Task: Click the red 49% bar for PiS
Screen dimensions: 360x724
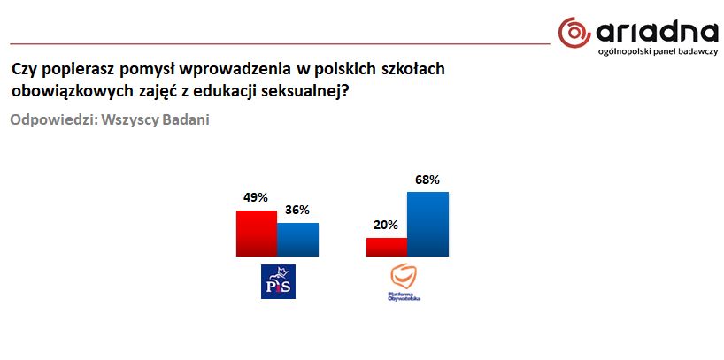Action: [x=256, y=233]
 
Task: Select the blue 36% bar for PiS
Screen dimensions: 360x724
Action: [x=297, y=239]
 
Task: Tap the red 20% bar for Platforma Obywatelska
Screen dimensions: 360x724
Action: [x=387, y=247]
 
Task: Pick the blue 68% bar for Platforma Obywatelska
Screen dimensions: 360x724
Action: [x=427, y=224]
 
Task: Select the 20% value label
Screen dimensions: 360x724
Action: [x=386, y=226]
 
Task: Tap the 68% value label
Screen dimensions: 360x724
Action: [x=427, y=180]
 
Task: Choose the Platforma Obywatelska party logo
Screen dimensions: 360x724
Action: [x=404, y=283]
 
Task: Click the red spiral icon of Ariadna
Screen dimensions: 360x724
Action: [x=574, y=33]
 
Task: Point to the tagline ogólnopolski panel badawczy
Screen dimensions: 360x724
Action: [x=658, y=53]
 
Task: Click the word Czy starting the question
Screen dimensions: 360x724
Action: [x=24, y=68]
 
